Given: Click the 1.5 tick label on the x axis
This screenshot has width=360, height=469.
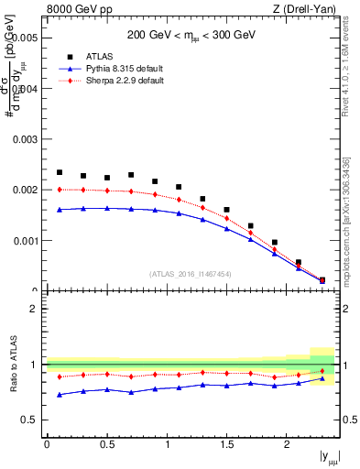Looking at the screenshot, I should pos(226,444).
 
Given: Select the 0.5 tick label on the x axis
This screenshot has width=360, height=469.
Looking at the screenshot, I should pos(106,444).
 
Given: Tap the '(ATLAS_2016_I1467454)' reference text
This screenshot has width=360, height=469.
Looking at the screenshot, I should pos(191,274).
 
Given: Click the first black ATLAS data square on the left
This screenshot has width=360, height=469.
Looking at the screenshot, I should pos(60,172).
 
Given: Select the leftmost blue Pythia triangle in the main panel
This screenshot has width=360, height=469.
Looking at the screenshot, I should pos(60,209).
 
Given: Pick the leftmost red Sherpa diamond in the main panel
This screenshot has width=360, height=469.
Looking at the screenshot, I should pos(60,190).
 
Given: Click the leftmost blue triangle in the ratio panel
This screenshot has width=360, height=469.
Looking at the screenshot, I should pos(60,395).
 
